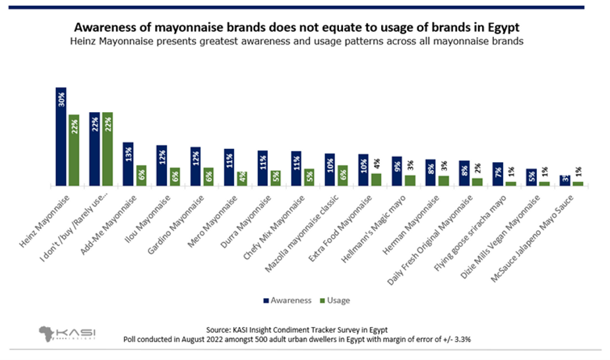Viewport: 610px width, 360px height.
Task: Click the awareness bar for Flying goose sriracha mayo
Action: [x=498, y=174]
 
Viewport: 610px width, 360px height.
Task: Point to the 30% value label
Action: [x=61, y=98]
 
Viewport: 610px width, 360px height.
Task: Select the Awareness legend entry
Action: [x=287, y=300]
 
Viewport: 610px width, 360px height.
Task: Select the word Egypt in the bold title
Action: [x=503, y=28]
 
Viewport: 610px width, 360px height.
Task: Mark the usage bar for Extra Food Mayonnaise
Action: [x=377, y=179]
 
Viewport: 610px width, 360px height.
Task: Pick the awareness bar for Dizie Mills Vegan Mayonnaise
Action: [x=532, y=177]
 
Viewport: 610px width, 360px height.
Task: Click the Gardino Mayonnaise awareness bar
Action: [x=195, y=166]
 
